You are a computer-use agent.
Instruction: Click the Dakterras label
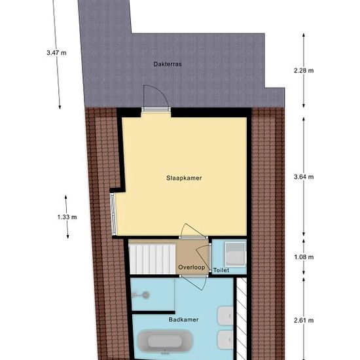[x=168, y=64]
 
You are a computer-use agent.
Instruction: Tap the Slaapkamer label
[x=184, y=178]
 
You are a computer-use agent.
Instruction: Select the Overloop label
[x=192, y=267]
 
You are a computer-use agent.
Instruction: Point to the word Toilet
[x=221, y=270]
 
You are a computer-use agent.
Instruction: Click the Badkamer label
[x=183, y=319]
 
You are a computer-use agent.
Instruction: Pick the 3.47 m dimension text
[x=56, y=53]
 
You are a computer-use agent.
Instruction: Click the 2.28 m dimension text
[x=304, y=71]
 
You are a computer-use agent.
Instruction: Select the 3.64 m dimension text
[x=304, y=177]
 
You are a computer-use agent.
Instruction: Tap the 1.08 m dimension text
[x=304, y=257]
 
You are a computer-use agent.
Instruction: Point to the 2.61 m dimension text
[x=304, y=320]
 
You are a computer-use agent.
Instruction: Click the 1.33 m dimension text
[x=67, y=217]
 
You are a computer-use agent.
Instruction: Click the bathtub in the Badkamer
[x=165, y=341]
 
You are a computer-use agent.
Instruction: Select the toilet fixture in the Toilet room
[x=235, y=254]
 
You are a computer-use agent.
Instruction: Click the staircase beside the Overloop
[x=153, y=259]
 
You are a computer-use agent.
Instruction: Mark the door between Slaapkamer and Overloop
[x=193, y=232]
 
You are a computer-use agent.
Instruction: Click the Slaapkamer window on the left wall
[x=113, y=214]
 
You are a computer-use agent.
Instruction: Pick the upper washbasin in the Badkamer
[x=225, y=316]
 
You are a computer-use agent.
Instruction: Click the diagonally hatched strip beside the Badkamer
[x=242, y=319]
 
